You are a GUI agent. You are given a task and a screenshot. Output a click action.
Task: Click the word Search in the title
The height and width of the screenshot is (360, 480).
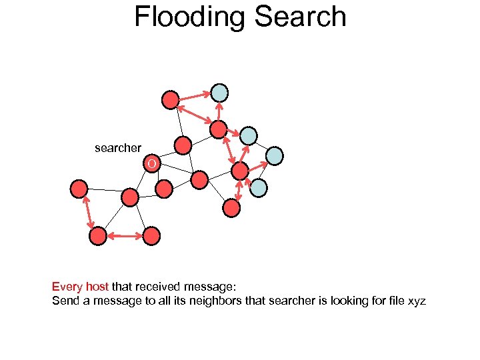point(304,17)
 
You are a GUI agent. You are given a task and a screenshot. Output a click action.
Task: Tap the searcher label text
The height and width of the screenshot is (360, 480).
point(118,148)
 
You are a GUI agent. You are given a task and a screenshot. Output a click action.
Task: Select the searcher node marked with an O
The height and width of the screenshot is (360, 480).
point(153,163)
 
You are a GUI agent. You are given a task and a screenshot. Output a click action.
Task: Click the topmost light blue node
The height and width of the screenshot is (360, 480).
point(220,93)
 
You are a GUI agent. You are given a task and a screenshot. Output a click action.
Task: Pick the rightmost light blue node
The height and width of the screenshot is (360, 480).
point(275,156)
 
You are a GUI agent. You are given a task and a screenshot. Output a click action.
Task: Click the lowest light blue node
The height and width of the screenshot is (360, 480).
point(259,188)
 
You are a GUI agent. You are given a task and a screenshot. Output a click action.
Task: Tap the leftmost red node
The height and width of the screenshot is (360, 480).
point(79,189)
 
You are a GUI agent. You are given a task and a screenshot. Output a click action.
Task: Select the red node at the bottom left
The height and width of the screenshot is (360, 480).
point(98,235)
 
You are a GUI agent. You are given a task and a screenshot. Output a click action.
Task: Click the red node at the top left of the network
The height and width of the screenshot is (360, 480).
point(171,100)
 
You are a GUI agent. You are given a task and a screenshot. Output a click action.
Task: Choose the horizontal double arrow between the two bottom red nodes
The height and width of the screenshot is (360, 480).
point(125,235)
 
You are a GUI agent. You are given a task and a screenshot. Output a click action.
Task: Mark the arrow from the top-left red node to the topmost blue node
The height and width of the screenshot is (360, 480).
point(195,96)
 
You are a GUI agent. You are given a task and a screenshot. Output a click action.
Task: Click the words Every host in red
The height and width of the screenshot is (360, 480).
point(80,287)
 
